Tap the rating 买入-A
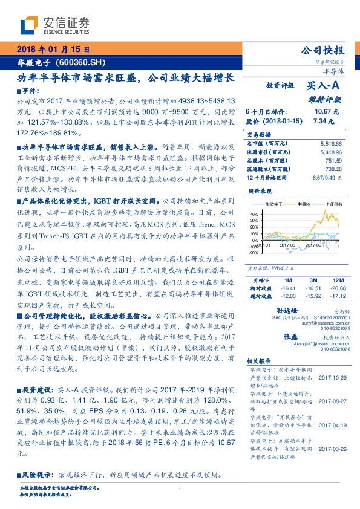tap(324, 86)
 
